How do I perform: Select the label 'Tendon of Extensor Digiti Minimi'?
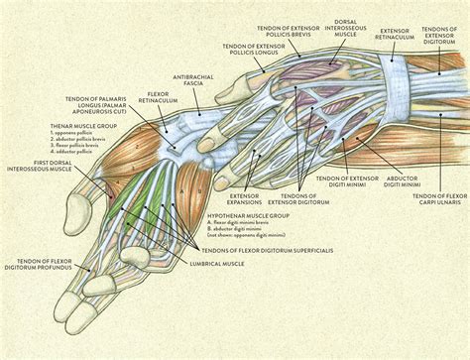[347, 182]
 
